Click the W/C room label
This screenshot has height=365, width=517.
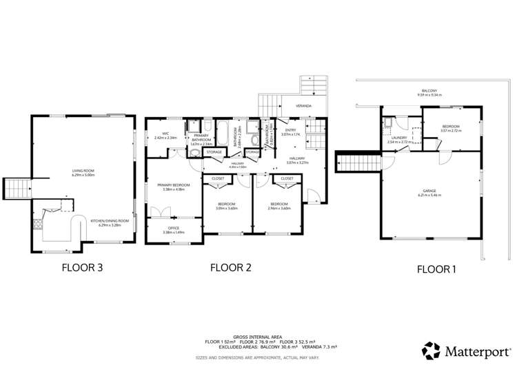(165, 135)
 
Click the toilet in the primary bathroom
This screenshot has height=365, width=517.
(194, 146)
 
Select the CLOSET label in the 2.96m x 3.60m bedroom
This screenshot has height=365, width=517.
(286, 178)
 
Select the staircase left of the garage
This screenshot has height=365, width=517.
(358, 163)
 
